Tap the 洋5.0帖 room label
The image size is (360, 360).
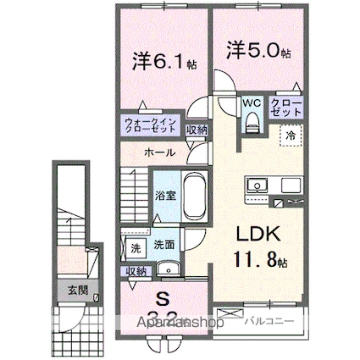click(258, 50)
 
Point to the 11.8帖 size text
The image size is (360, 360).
click(253, 261)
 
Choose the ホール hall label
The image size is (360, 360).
click(159, 153)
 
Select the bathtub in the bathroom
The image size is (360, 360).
click(194, 196)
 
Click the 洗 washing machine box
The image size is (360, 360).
click(134, 248)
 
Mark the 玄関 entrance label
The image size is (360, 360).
click(77, 291)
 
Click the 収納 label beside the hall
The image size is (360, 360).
click(197, 130)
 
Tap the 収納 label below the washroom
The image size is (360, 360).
click(136, 272)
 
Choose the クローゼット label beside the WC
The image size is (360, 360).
click(285, 108)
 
